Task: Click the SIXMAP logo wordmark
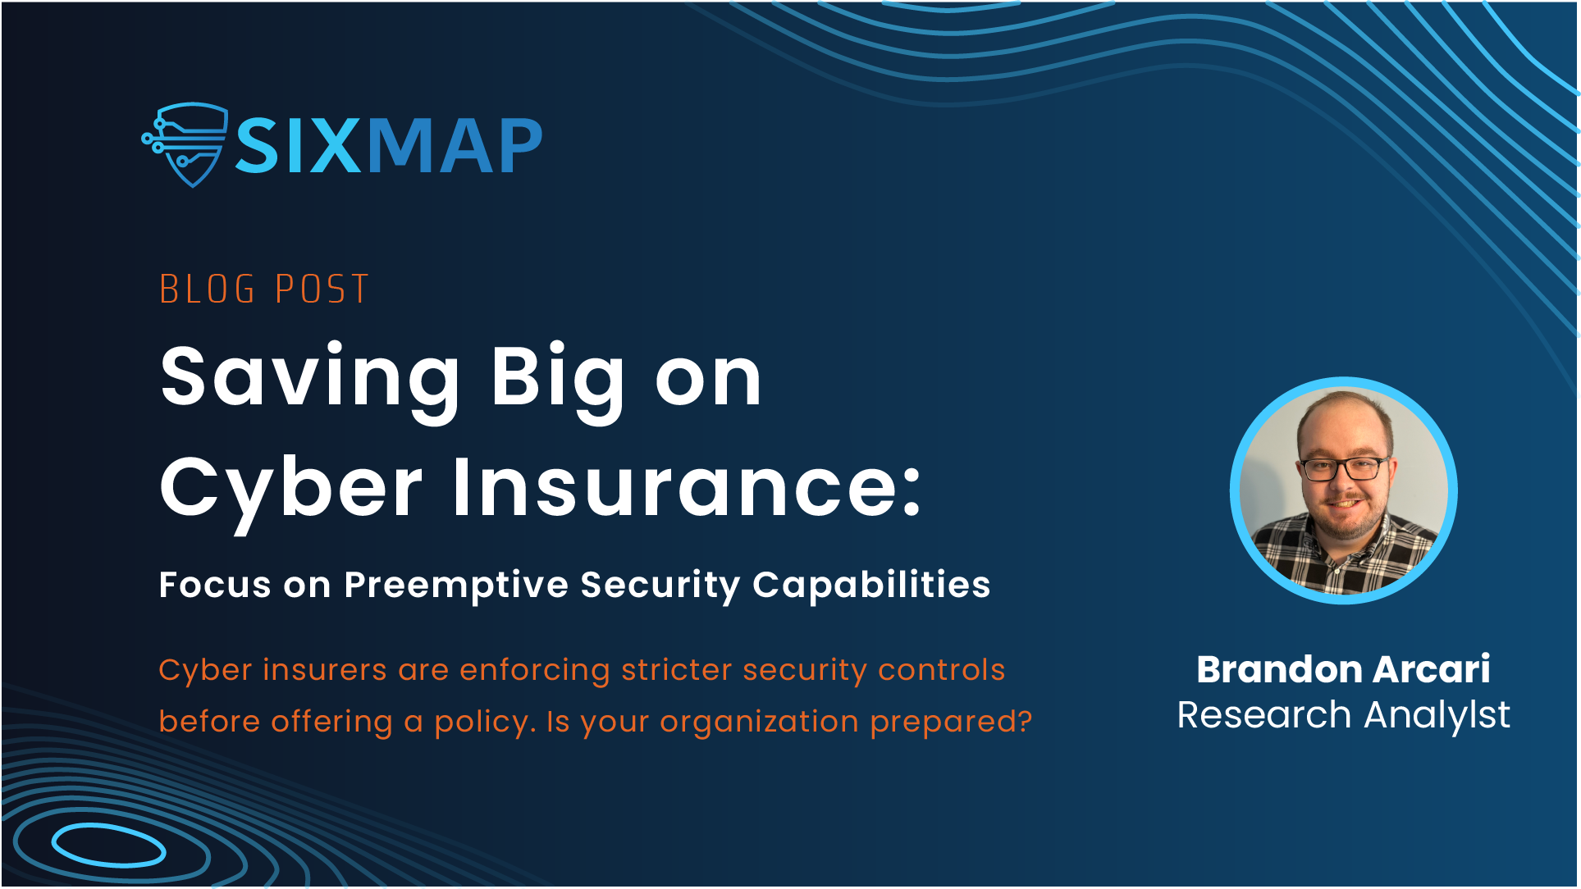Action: [x=389, y=146]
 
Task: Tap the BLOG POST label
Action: [x=264, y=289]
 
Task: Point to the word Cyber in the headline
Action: [x=291, y=490]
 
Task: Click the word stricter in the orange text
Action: [x=677, y=670]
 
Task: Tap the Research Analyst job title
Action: [x=1344, y=716]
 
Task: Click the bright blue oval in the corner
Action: [x=109, y=846]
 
